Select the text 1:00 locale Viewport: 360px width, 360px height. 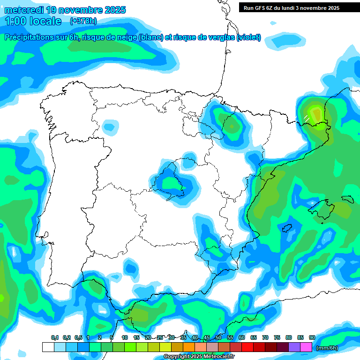click(33, 21)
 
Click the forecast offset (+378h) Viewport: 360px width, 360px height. click(83, 21)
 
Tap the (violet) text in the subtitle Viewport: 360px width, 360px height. click(248, 37)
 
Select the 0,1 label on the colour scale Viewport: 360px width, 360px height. click(54, 337)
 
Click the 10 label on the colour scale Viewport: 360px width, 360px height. click(125, 337)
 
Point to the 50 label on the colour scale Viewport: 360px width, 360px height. click(218, 337)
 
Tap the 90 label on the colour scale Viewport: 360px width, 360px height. click(312, 337)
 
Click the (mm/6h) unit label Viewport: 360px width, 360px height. click(327, 347)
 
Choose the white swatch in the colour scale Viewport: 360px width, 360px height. click(48, 347)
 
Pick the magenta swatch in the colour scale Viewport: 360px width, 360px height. click(306, 347)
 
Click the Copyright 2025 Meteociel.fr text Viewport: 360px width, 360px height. click(199, 357)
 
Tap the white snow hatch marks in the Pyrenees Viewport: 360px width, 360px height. click(306, 116)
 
